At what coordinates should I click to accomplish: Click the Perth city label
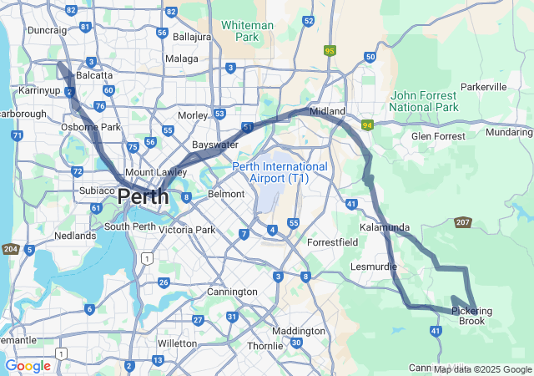pos(143,197)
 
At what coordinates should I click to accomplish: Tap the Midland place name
pos(327,111)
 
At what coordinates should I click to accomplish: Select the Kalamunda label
pos(385,227)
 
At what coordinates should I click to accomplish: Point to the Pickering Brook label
pos(471,316)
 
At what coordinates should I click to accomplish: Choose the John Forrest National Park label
pos(424,101)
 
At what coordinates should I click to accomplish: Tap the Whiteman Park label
pos(247,31)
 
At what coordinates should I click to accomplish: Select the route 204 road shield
pos(10,249)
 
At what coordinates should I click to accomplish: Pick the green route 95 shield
pos(330,50)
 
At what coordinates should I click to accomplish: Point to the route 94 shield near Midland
pos(366,124)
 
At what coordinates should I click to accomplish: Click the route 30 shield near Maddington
pos(296,343)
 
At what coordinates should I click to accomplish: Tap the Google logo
pos(28,366)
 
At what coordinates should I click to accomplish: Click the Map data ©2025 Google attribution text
pos(482,369)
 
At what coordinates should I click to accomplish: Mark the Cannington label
pos(232,292)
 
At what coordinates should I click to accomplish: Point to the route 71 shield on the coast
pos(18,135)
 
